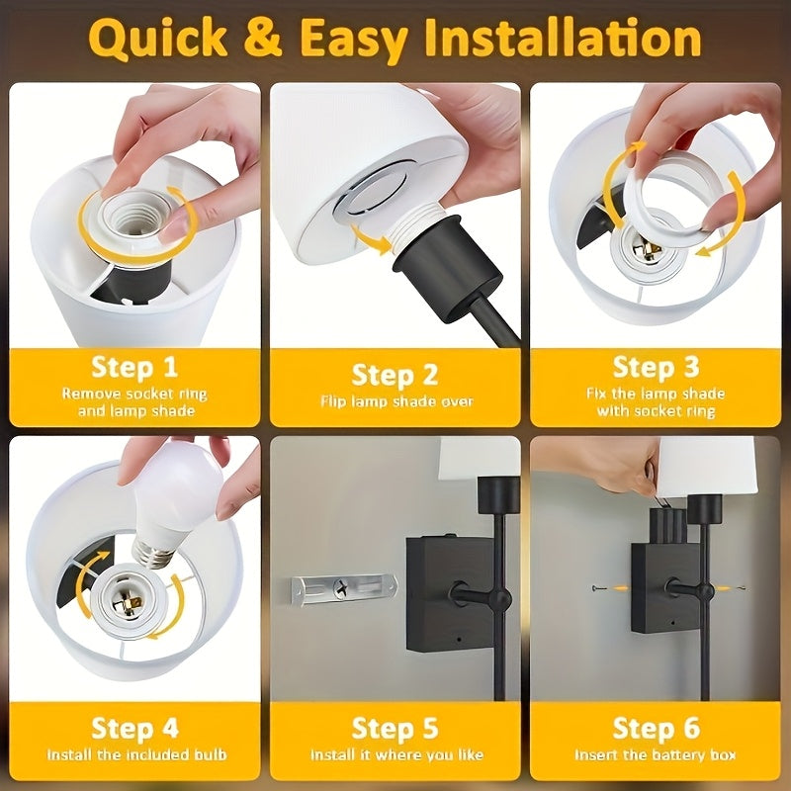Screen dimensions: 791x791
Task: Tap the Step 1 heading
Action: pyautogui.click(x=134, y=368)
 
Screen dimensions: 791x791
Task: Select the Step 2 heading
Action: pyautogui.click(x=395, y=375)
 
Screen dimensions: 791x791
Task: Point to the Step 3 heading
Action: pyautogui.click(x=656, y=367)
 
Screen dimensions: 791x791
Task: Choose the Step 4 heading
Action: pyautogui.click(x=134, y=729)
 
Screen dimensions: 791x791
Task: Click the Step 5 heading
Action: pyautogui.click(x=395, y=729)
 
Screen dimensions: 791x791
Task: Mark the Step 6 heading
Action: pyautogui.click(x=656, y=729)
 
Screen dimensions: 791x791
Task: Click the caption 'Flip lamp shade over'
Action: pyautogui.click(x=395, y=401)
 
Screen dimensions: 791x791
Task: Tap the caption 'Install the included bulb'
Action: pyautogui.click(x=134, y=755)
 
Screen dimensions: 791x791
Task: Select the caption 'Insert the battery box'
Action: pyautogui.click(x=656, y=755)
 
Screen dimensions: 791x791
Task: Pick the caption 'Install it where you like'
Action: pyautogui.click(x=395, y=755)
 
